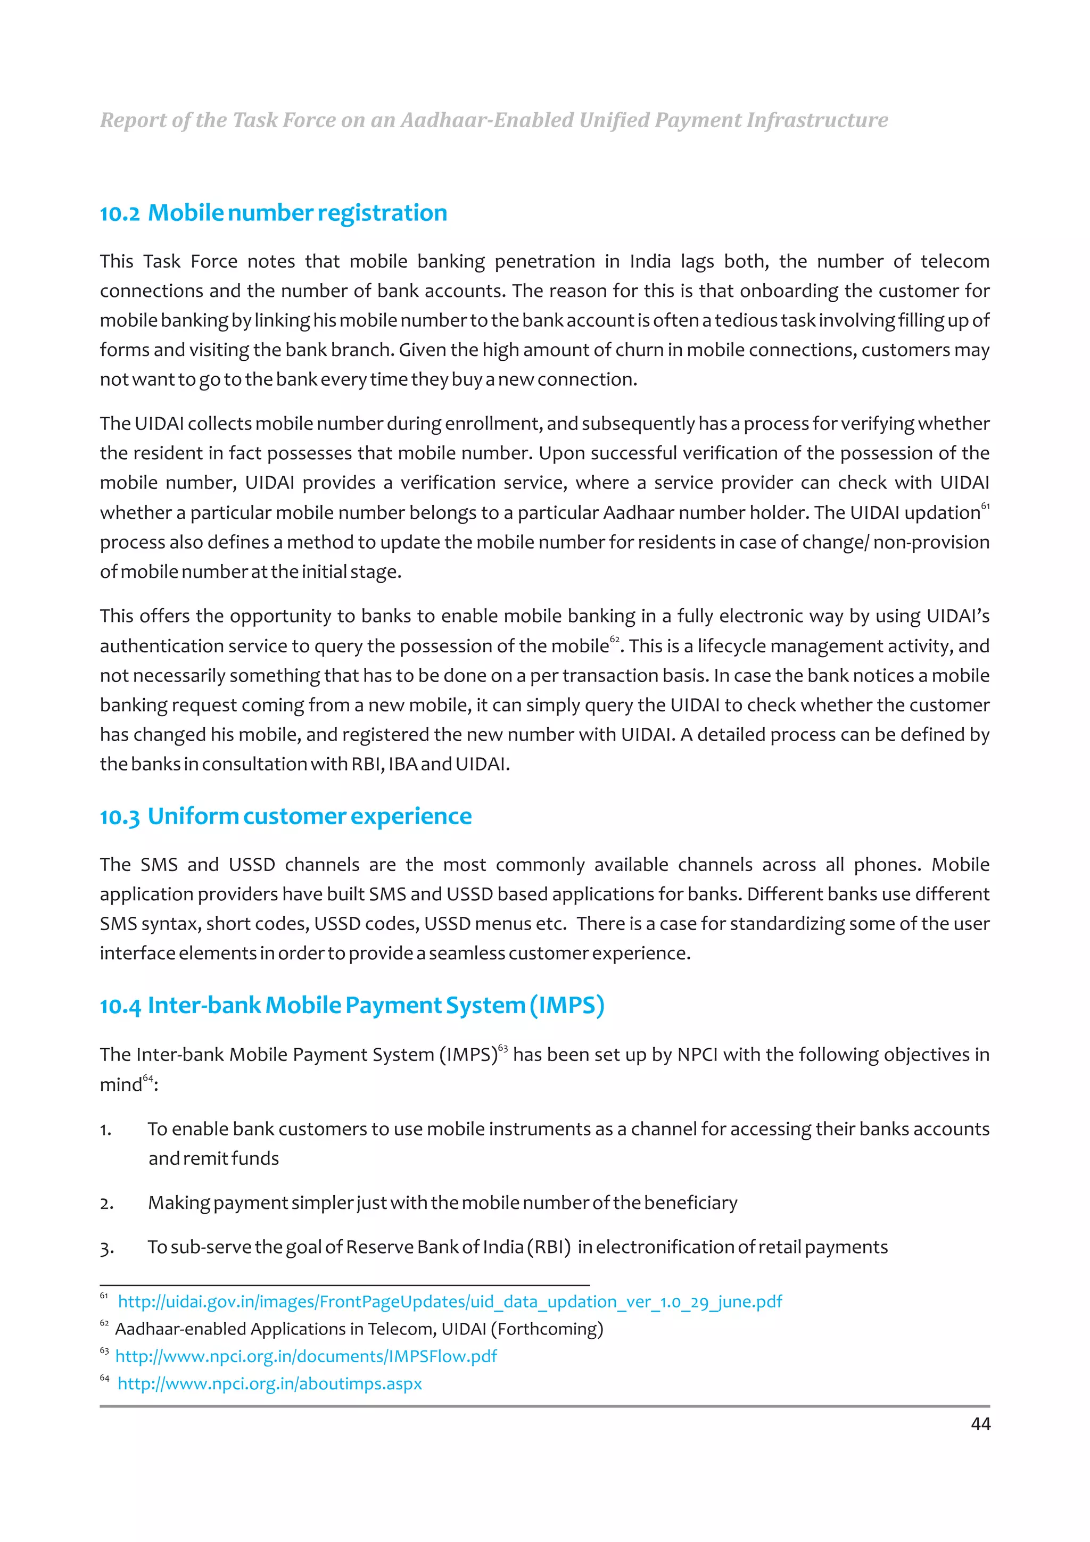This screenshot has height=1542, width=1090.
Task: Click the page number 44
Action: tap(980, 1423)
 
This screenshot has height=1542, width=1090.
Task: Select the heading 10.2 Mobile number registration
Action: tap(274, 213)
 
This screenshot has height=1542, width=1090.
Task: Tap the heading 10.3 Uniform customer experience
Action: tap(285, 816)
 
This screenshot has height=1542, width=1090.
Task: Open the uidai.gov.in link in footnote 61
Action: tap(449, 1301)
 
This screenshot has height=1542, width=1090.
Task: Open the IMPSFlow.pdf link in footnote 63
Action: tap(305, 1356)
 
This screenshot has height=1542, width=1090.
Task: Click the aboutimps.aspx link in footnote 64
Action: tap(269, 1383)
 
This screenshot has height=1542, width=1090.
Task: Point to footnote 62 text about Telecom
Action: tap(359, 1329)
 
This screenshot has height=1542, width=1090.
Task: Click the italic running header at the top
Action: tap(493, 120)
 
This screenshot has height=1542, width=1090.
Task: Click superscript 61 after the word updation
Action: tap(985, 505)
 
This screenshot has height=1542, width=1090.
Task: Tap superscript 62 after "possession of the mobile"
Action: tap(615, 640)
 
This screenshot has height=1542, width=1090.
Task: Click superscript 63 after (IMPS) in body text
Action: tap(503, 1048)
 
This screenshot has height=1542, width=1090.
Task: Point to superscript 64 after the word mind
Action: tap(148, 1079)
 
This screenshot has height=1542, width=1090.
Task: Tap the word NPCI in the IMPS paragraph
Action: tap(697, 1055)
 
